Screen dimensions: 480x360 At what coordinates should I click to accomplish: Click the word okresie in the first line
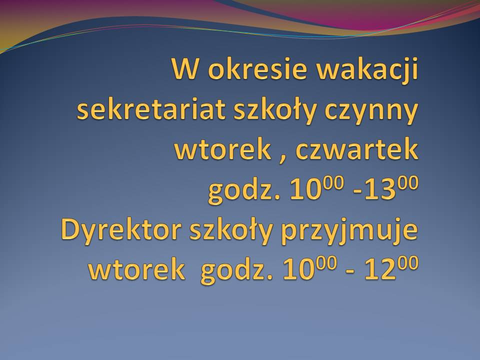point(257,68)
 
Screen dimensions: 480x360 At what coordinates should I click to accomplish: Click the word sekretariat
point(151,109)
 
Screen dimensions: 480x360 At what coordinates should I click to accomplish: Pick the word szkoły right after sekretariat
point(274,111)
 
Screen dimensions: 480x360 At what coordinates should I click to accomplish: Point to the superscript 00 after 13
point(406,182)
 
